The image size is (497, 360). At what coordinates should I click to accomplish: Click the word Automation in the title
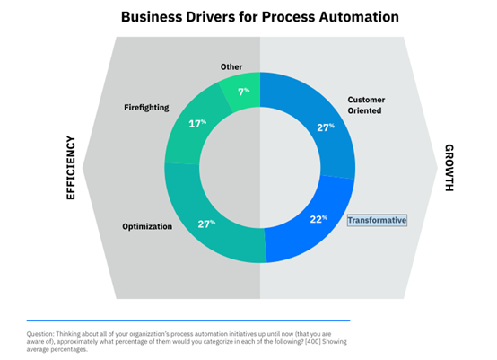click(x=359, y=17)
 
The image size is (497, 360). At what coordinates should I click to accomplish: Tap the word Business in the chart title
click(x=152, y=17)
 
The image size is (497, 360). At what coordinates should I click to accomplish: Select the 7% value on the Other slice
click(x=244, y=92)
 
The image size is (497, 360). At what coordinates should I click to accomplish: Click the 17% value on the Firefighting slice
click(x=197, y=123)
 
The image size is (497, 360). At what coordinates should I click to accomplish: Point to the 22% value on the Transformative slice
click(x=318, y=219)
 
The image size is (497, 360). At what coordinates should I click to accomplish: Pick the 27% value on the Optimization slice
click(x=206, y=224)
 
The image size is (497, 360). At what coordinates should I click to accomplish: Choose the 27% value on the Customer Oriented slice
click(x=326, y=127)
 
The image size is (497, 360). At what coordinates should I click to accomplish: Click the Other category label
click(x=231, y=67)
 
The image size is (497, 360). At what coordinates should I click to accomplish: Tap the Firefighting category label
click(x=146, y=108)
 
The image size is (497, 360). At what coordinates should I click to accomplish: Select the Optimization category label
click(x=147, y=226)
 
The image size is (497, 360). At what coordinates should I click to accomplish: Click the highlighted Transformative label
click(x=377, y=220)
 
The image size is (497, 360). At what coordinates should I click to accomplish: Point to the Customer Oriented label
click(x=366, y=105)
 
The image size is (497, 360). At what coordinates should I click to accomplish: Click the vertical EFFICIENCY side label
click(x=71, y=168)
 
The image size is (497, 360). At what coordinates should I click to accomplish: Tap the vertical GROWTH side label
click(x=449, y=168)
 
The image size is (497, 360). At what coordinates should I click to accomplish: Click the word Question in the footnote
click(x=40, y=334)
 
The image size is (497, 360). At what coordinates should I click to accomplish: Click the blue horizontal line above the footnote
click(x=188, y=320)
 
